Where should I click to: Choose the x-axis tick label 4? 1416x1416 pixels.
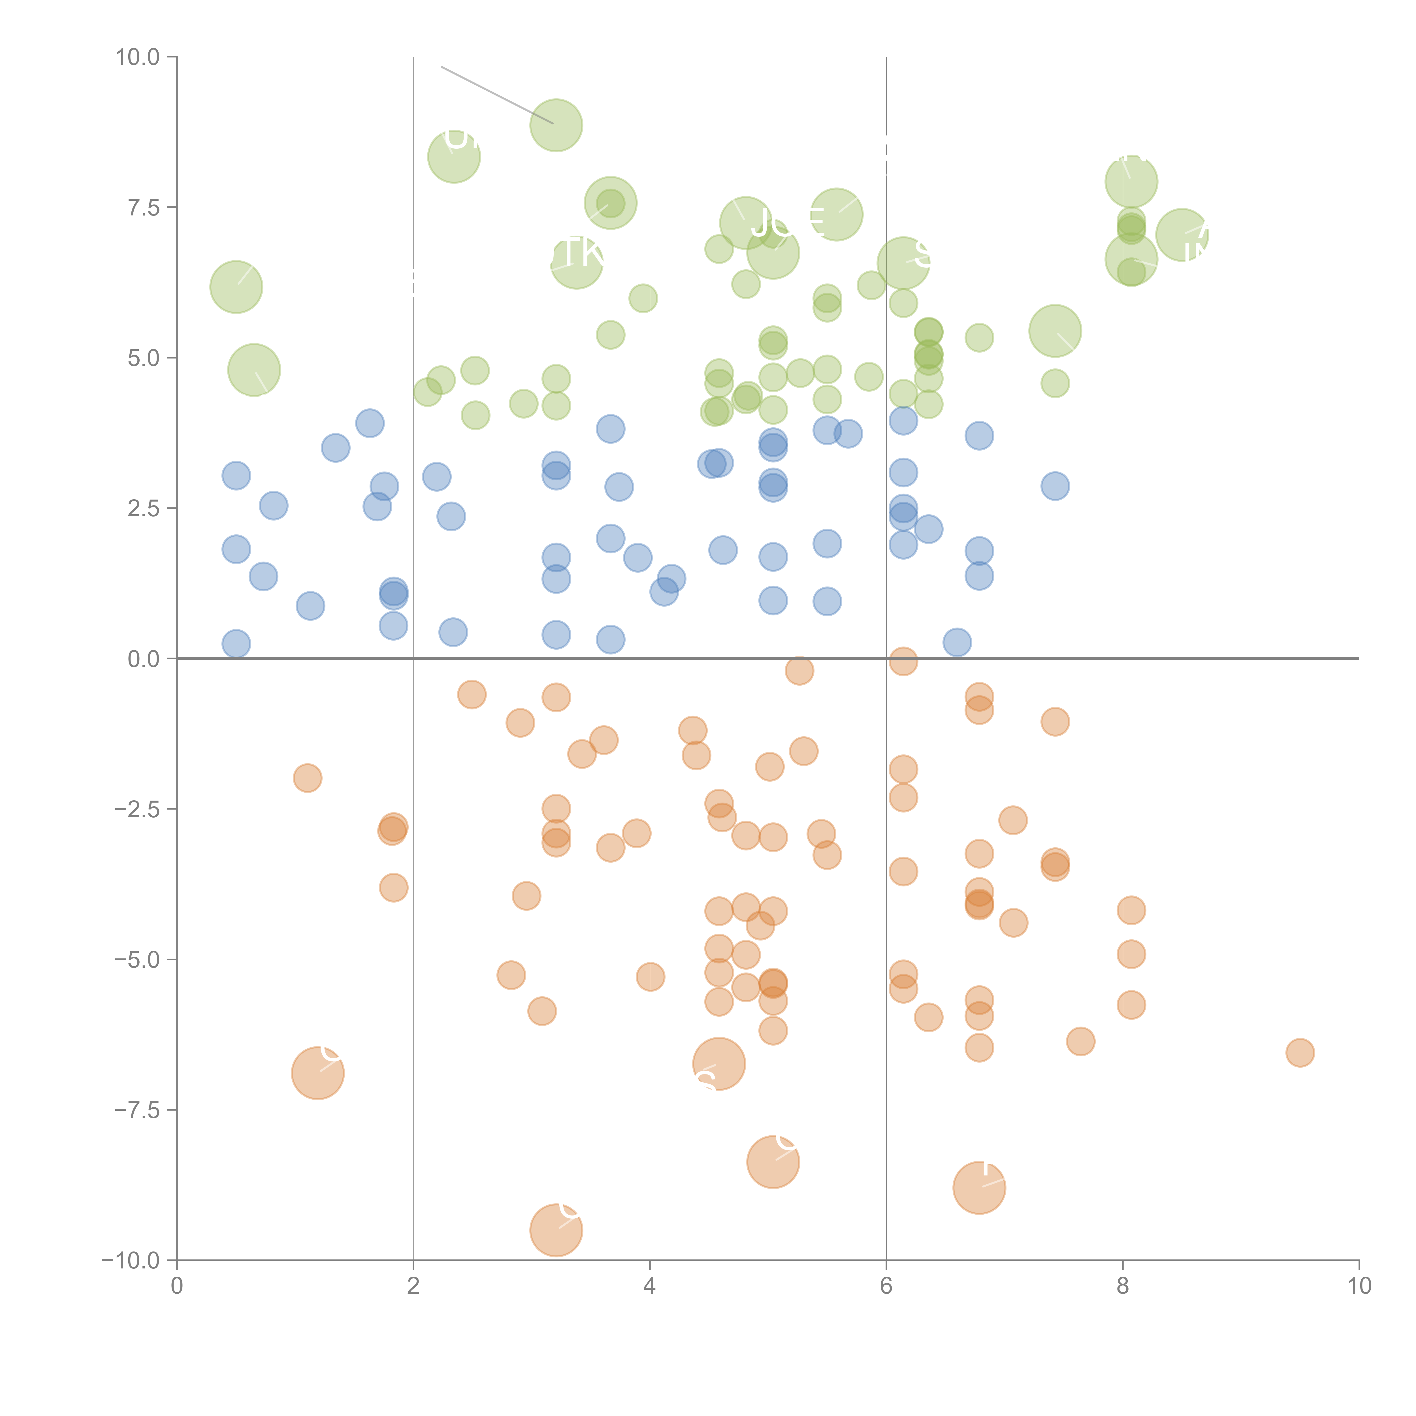click(649, 1286)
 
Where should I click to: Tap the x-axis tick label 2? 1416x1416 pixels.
click(413, 1286)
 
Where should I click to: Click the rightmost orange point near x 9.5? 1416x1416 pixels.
click(1300, 1052)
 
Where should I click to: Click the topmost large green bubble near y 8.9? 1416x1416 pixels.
click(556, 125)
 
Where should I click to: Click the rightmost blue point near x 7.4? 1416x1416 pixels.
click(1055, 486)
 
